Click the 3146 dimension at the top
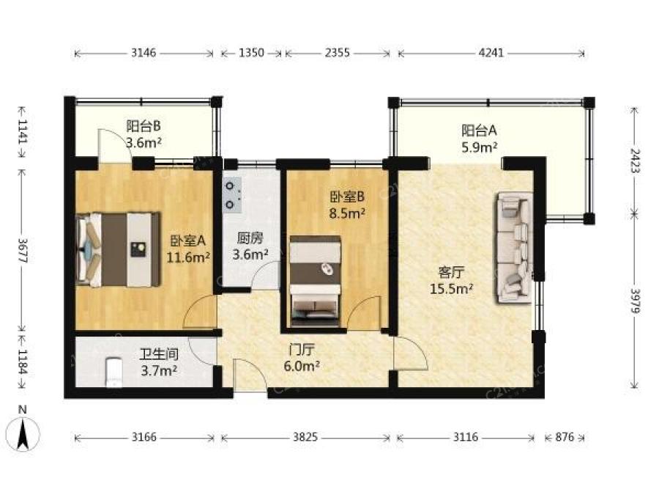[144, 53]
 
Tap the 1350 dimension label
[251, 53]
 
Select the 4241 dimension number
[491, 53]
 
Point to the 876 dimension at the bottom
[565, 437]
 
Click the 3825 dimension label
[305, 437]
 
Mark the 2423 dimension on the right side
[635, 161]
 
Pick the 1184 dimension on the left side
[23, 362]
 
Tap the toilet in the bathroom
[113, 372]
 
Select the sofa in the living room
[513, 248]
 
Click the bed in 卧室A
[119, 249]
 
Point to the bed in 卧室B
[315, 281]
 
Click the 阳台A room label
[479, 131]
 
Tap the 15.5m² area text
[451, 289]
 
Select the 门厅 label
[302, 349]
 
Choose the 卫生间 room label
[159, 354]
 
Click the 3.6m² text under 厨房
[250, 254]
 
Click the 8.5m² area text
[347, 213]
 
